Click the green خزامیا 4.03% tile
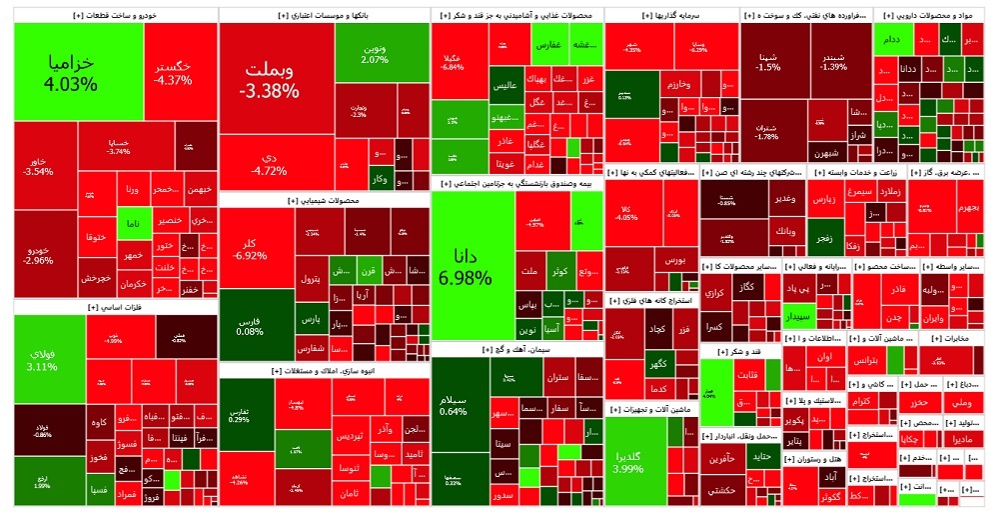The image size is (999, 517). tap(77, 72)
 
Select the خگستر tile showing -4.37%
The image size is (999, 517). tap(173, 70)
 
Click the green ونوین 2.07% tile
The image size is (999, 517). tap(375, 53)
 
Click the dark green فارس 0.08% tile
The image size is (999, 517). tap(249, 325)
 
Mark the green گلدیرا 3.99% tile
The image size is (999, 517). tap(634, 461)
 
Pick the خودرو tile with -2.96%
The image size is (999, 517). tap(40, 254)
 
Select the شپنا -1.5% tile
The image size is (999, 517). tap(769, 60)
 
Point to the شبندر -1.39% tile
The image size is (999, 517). tap(832, 60)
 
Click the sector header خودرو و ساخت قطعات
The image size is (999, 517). tap(114, 16)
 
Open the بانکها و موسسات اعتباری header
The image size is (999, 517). tap(323, 16)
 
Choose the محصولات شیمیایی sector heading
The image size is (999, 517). tap(323, 200)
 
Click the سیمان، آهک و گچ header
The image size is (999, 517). tap(516, 349)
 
